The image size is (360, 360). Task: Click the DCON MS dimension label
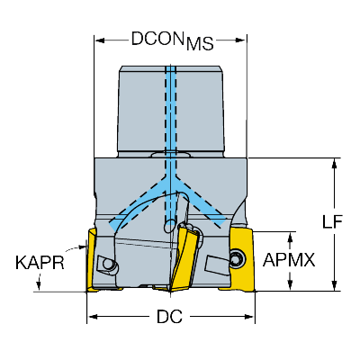pos(172,40)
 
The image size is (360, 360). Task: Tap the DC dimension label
pos(169,317)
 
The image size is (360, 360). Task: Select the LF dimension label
pos(332,222)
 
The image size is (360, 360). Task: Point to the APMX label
pos(289,260)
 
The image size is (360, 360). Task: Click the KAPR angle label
pos(40,263)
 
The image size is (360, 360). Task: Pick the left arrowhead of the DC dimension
pos(93,317)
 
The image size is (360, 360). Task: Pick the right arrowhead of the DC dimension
pos(249,317)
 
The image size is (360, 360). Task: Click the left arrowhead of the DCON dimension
pos(100,40)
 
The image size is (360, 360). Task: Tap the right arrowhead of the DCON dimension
pos(241,40)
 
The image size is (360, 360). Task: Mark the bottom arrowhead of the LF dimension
pos(334,285)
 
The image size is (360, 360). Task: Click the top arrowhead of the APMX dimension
pos(290,237)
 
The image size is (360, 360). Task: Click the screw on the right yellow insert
pos(238,258)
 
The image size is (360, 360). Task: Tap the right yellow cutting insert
pos(240,260)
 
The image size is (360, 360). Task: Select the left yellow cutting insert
pos(92,260)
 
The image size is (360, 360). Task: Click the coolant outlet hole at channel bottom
pos(169,223)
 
